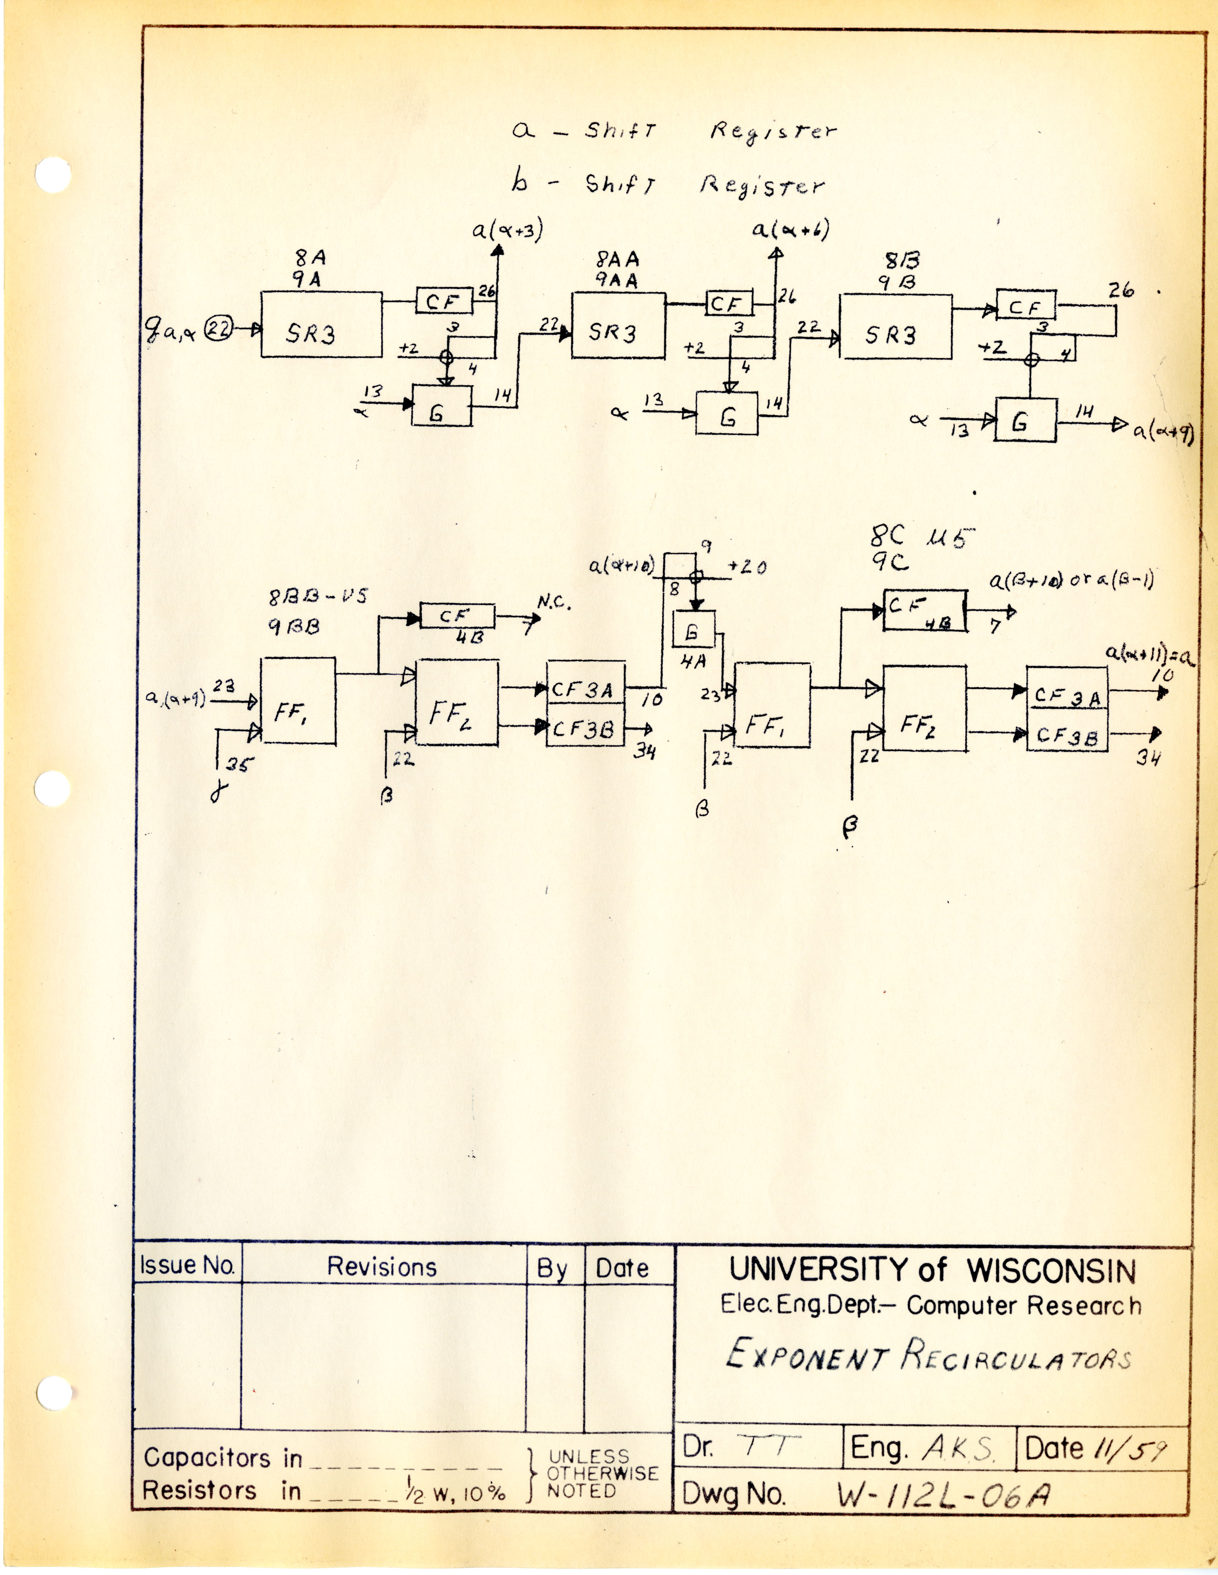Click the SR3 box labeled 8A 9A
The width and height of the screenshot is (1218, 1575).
click(x=321, y=324)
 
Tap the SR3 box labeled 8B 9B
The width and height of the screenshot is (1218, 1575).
click(x=895, y=327)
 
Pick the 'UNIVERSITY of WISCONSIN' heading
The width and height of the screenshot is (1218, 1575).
click(x=932, y=1271)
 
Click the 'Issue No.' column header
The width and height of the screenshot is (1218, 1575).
click(x=187, y=1266)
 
